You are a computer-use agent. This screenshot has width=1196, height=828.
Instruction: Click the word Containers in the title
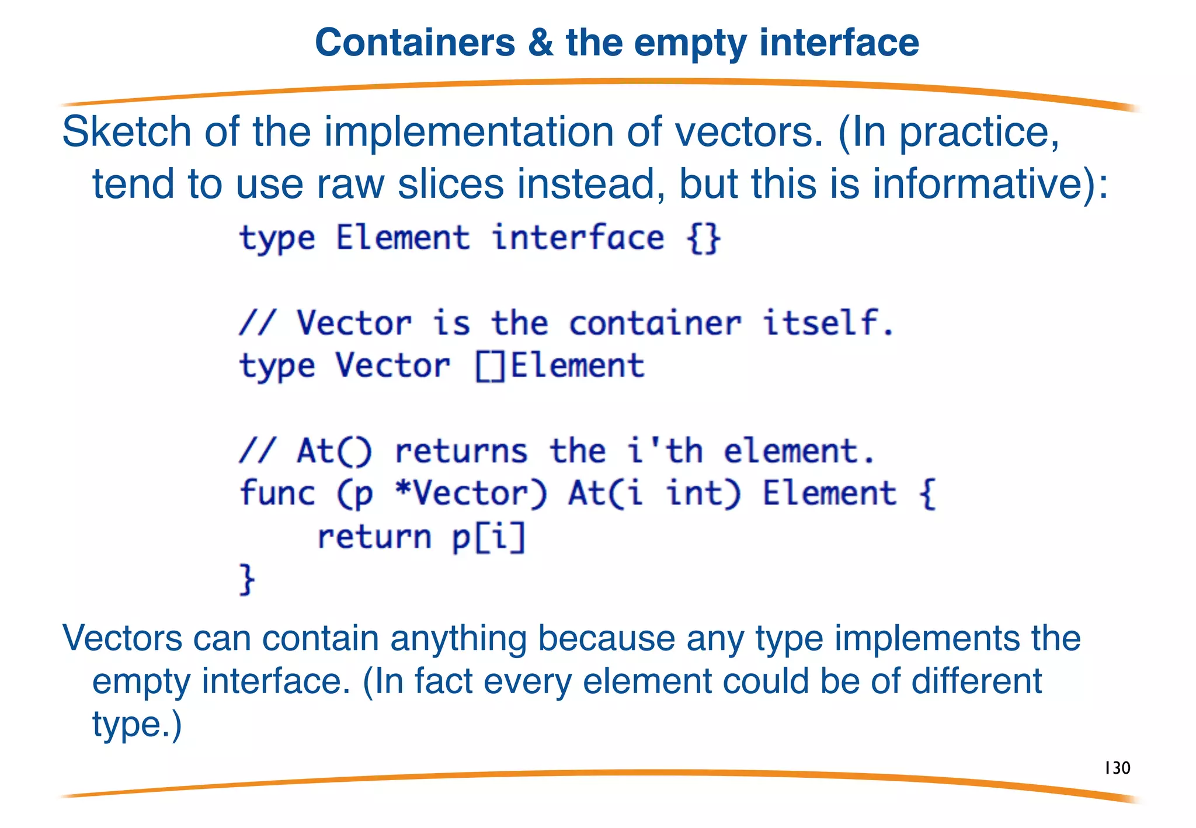[x=415, y=43]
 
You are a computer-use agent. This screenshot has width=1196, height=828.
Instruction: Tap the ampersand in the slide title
[x=540, y=43]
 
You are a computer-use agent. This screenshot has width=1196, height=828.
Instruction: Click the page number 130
[x=1117, y=768]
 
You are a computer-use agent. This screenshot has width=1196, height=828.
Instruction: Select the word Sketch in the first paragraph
[x=126, y=132]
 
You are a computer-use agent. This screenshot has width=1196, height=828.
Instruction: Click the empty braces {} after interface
[x=704, y=238]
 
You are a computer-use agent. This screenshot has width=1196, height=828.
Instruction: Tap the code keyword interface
[x=578, y=238]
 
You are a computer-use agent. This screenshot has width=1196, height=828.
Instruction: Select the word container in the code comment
[x=655, y=323]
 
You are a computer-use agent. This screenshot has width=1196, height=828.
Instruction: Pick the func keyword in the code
[x=277, y=493]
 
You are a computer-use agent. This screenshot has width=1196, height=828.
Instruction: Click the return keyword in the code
[x=374, y=537]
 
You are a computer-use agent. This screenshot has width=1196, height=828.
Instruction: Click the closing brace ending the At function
[x=247, y=579]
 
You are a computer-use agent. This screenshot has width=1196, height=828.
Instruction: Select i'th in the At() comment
[x=665, y=451]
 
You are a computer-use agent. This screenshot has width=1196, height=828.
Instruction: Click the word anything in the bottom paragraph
[x=458, y=638]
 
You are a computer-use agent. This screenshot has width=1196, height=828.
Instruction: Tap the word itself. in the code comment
[x=828, y=323]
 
